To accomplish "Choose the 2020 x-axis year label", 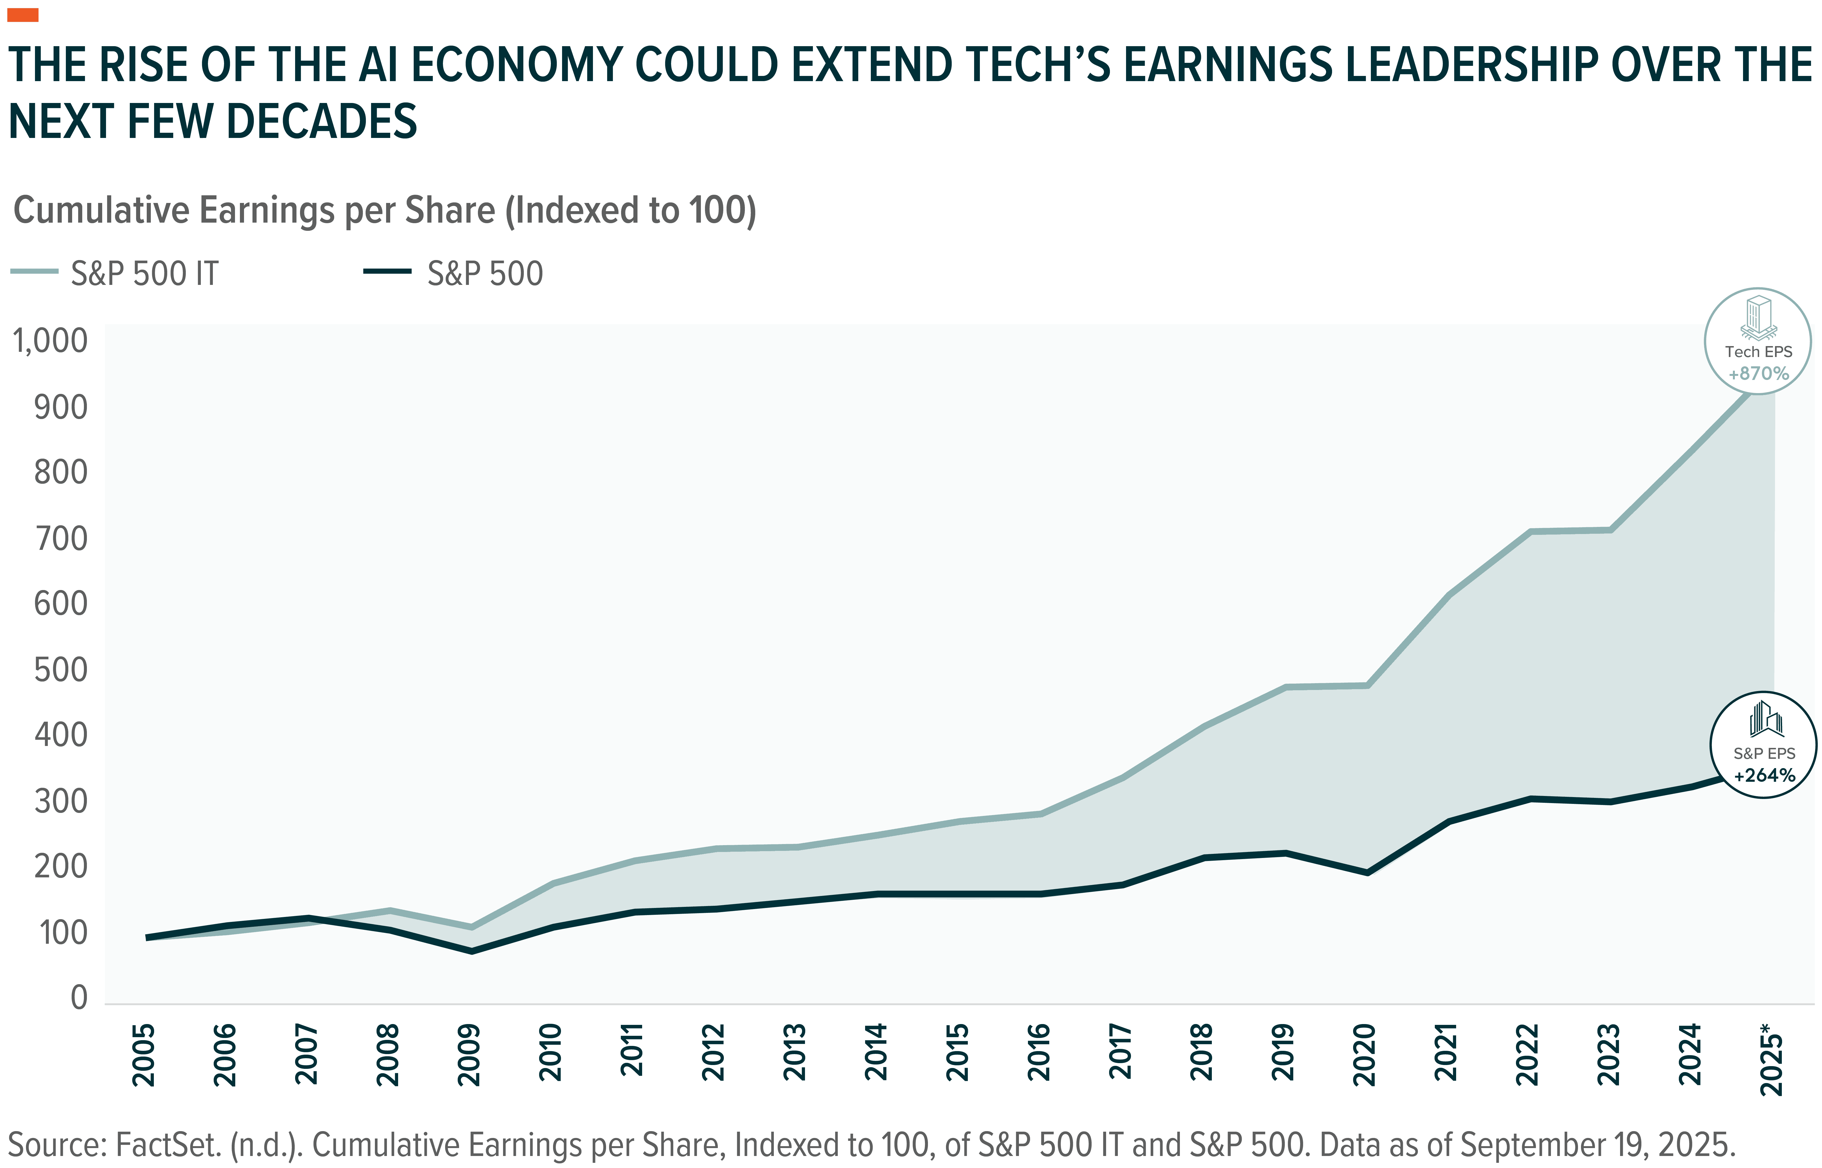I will (x=1365, y=1054).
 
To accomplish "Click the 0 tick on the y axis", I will (x=79, y=997).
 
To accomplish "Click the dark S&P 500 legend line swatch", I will (x=388, y=271).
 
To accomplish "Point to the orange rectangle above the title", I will (x=23, y=15).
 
